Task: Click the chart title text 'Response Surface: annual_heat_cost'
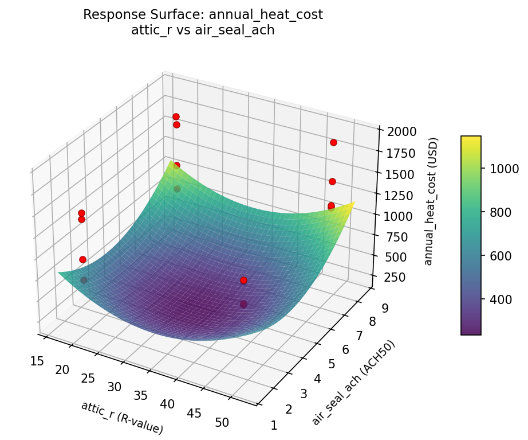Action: (x=203, y=15)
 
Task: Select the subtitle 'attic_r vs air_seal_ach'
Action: (x=203, y=30)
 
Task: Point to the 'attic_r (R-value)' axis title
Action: (x=122, y=417)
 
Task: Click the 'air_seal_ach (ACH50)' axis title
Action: (x=353, y=383)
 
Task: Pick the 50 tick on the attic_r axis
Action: (x=222, y=422)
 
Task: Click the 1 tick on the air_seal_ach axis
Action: (x=274, y=425)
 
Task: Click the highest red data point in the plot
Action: (x=176, y=116)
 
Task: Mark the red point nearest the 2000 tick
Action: (x=333, y=142)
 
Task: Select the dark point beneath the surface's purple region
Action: (x=243, y=304)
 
